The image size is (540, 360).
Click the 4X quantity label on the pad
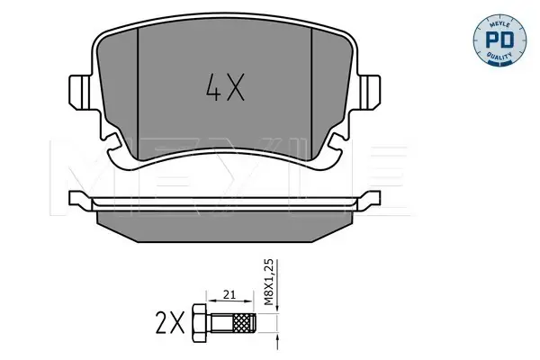pyautogui.click(x=225, y=87)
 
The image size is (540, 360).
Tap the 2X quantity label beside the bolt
pyautogui.click(x=170, y=322)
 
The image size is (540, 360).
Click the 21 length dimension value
pyautogui.click(x=229, y=295)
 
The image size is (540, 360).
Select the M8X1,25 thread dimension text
pyautogui.click(x=268, y=282)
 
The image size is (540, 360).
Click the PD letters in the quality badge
pyautogui.click(x=499, y=40)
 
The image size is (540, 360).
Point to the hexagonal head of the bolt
pyautogui.click(x=200, y=323)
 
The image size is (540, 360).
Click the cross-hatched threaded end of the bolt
pyautogui.click(x=244, y=323)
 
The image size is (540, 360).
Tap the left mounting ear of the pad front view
pyautogui.click(x=80, y=92)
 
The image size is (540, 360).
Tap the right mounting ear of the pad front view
pyautogui.click(x=369, y=92)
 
